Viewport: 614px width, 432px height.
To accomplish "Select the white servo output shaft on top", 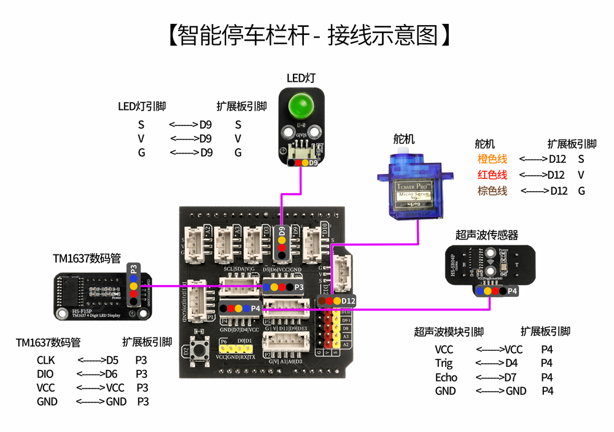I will [403, 151].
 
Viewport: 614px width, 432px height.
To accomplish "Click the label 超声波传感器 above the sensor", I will [486, 235].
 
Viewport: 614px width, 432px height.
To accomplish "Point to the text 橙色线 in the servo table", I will [492, 159].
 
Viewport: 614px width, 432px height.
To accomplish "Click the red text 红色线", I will [492, 175].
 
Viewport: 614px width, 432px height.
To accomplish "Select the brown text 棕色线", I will [492, 191].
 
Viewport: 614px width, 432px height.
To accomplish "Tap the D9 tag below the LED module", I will [313, 163].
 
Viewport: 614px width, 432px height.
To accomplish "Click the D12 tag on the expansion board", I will [348, 300].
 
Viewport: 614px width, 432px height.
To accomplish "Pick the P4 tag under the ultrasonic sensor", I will [512, 291].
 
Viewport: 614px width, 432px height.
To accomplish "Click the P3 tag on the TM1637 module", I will [133, 268].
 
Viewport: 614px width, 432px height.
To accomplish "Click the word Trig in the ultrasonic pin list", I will [444, 363].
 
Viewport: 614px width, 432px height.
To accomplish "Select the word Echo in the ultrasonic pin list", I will [446, 377].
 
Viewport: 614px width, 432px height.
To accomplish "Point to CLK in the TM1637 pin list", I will [46, 360].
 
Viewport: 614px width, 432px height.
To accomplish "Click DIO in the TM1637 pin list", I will [45, 374].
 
